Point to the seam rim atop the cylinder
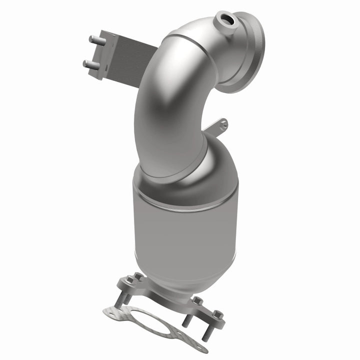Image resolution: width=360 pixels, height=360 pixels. tap(185, 205)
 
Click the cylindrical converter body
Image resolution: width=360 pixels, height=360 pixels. tap(185, 240)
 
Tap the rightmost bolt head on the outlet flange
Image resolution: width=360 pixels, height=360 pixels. tap(217, 314)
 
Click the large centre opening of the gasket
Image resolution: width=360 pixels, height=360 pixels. tap(150, 320)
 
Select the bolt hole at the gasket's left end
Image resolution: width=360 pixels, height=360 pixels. tap(111, 312)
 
